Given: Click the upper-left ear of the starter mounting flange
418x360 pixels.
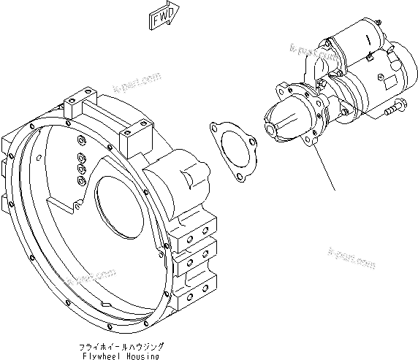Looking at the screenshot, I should click(x=280, y=90).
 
